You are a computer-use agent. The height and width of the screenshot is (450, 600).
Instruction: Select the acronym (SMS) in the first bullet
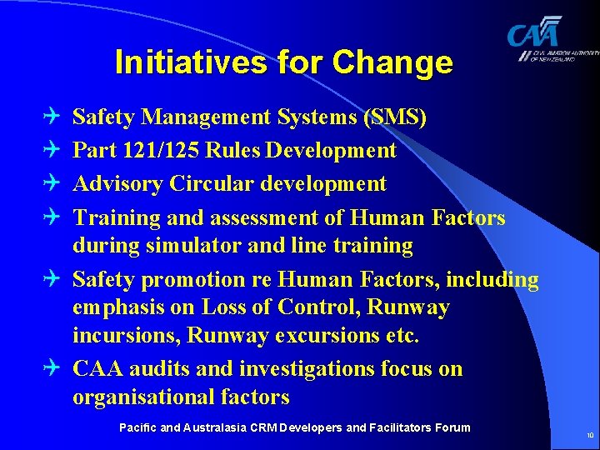coord(395,117)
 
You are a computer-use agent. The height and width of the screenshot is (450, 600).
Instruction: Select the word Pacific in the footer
coord(137,427)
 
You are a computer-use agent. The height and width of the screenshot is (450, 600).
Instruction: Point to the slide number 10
coord(589,435)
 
